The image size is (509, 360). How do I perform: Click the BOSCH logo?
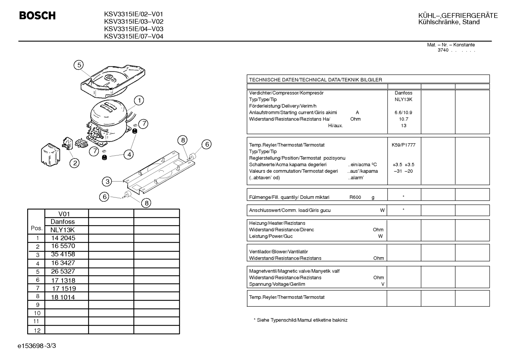(37, 16)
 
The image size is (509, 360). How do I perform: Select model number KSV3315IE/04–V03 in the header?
(134, 29)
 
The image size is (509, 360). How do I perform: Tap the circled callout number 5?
(79, 65)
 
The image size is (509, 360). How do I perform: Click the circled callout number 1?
(139, 100)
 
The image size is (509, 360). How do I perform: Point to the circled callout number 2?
(74, 163)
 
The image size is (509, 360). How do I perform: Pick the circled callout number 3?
(107, 182)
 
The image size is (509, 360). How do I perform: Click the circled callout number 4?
(129, 155)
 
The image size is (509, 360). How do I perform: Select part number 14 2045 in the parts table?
(63, 238)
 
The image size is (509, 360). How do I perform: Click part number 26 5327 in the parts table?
(63, 271)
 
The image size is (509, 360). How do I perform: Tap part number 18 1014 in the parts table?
(63, 297)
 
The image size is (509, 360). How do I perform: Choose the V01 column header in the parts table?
(64, 214)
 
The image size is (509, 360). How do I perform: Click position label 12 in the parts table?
(37, 330)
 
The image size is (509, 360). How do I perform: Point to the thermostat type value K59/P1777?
(403, 145)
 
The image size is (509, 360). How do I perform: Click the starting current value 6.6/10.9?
(403, 113)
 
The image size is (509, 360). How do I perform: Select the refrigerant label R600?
(355, 197)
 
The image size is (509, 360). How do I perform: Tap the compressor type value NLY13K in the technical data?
(403, 99)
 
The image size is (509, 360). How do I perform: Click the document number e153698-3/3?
(37, 346)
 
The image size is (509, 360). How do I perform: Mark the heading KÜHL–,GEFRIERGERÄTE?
(458, 16)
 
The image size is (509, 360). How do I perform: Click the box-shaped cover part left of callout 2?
(50, 155)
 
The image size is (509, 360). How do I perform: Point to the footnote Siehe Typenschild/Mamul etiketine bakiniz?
(302, 320)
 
